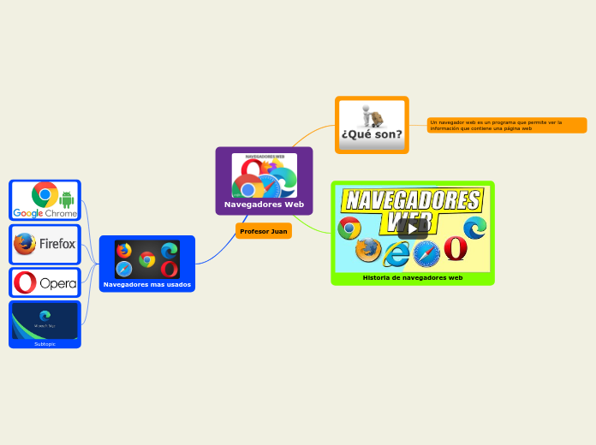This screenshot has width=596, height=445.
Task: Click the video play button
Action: pyautogui.click(x=413, y=228)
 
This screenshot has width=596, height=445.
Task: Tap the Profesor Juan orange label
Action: pyautogui.click(x=264, y=231)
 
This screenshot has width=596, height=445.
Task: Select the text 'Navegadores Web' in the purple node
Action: pyautogui.click(x=264, y=205)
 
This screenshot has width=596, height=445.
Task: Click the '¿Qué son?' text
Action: pyautogui.click(x=372, y=134)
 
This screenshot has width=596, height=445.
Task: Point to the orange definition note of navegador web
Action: pyautogui.click(x=506, y=126)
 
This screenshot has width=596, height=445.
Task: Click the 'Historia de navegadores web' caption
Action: pyautogui.click(x=413, y=278)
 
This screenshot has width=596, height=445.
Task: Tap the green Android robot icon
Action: pyautogui.click(x=68, y=200)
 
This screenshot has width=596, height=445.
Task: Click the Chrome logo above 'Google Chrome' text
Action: pyautogui.click(x=45, y=194)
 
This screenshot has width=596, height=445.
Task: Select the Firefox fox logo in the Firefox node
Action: pyautogui.click(x=26, y=244)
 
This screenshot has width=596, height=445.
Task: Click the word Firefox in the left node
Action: pyautogui.click(x=57, y=245)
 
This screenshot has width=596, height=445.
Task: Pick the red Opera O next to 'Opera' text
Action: pyautogui.click(x=25, y=282)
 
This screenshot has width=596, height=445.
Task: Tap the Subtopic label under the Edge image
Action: pyautogui.click(x=45, y=344)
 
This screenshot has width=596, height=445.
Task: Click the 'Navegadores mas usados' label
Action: pyautogui.click(x=147, y=284)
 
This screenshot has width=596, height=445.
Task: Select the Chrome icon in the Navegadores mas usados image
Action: pyautogui.click(x=147, y=259)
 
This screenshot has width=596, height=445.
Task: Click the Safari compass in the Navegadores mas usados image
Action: pyautogui.click(x=125, y=269)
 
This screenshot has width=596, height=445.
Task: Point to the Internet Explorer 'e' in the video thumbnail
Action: pyautogui.click(x=396, y=254)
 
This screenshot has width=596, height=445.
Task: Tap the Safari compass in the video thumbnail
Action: pyautogui.click(x=426, y=254)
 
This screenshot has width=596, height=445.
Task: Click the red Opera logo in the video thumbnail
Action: pyautogui.click(x=456, y=248)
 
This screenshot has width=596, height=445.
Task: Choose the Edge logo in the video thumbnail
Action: pyautogui.click(x=475, y=228)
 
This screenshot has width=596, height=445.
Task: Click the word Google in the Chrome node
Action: pyautogui.click(x=27, y=213)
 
